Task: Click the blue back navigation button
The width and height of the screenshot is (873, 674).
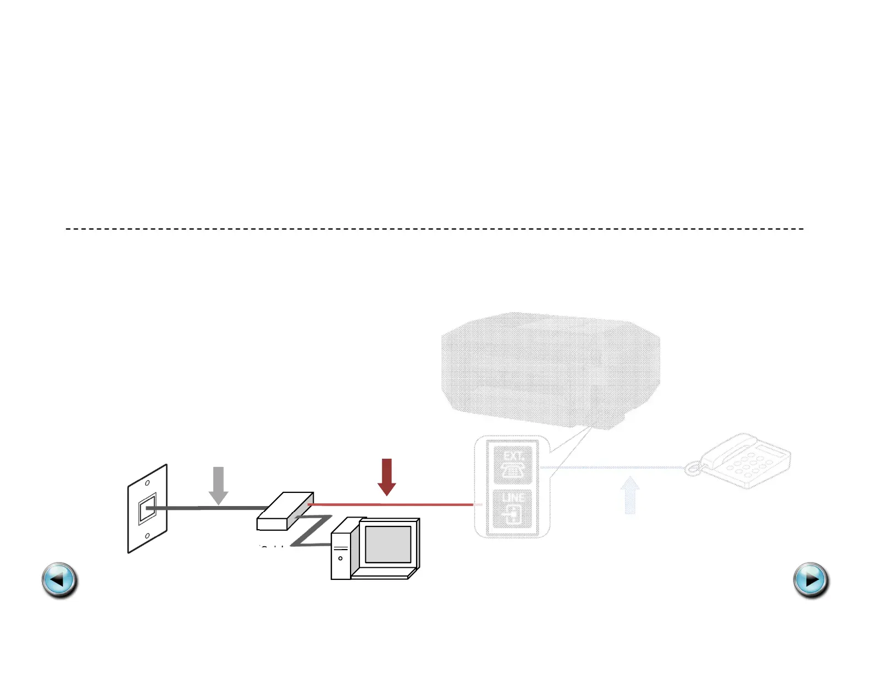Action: click(60, 580)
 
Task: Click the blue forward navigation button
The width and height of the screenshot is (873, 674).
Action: click(811, 580)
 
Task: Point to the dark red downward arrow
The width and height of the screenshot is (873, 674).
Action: click(387, 476)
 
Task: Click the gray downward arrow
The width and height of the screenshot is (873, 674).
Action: click(219, 485)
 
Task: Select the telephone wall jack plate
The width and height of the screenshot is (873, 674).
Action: click(147, 509)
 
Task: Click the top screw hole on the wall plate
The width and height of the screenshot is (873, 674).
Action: click(147, 483)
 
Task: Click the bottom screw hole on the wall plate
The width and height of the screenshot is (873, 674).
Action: click(147, 535)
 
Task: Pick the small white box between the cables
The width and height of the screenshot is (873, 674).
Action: click(285, 512)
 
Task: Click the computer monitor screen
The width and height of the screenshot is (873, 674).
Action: click(388, 544)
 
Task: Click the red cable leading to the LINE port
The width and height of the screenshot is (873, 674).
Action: click(391, 504)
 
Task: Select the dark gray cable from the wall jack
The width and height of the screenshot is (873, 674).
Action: click(209, 508)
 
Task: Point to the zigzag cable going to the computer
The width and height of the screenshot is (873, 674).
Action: click(311, 531)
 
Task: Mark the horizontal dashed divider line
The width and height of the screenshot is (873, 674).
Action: click(434, 228)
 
